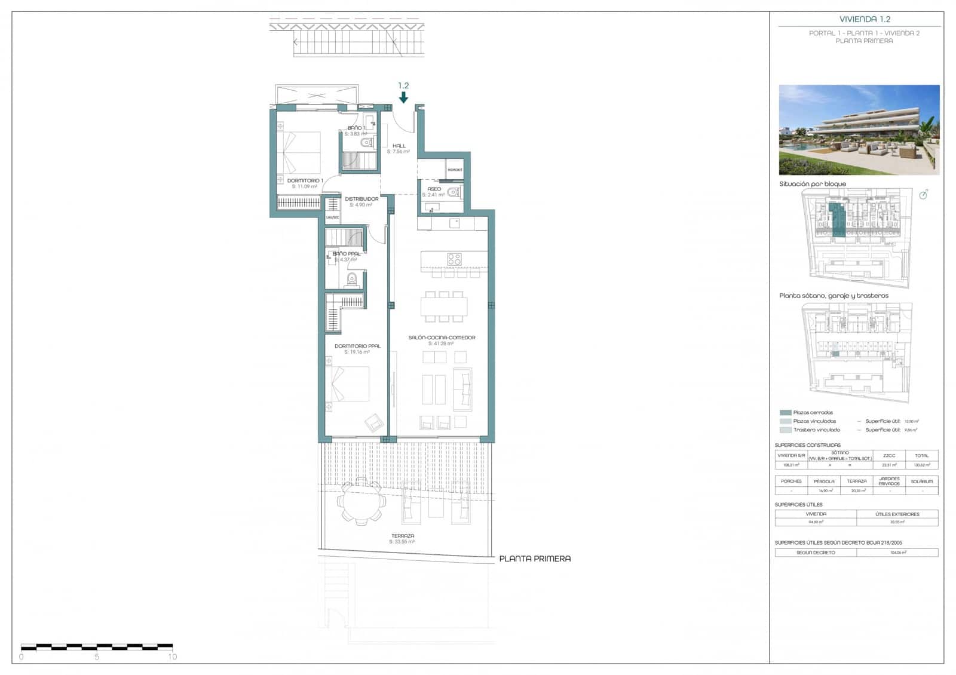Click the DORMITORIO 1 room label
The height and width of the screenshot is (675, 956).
[x=305, y=180]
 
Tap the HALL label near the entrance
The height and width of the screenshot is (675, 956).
[x=399, y=146]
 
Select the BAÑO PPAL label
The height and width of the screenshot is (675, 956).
[x=346, y=254]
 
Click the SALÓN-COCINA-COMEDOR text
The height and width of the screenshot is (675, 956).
[x=442, y=337]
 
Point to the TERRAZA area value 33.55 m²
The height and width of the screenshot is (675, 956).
[x=402, y=542]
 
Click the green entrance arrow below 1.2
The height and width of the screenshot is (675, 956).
[x=404, y=97]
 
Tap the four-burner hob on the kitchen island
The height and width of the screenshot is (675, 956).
[x=455, y=259]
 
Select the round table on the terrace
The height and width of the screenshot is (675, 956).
[x=361, y=502]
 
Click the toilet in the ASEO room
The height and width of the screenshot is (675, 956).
[x=455, y=192]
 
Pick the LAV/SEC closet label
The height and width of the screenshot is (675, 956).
[x=332, y=217]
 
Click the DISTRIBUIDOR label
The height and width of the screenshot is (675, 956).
[x=361, y=199]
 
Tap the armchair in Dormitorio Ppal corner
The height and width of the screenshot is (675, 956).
[x=375, y=422]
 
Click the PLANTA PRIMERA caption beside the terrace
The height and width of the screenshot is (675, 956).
[x=535, y=559]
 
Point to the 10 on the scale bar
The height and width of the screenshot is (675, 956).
[x=172, y=656]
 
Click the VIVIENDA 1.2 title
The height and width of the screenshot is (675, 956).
[x=864, y=19]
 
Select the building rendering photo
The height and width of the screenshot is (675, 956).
[x=859, y=130]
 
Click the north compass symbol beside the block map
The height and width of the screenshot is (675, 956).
[x=923, y=194]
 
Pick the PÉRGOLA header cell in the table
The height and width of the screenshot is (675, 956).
[x=824, y=481]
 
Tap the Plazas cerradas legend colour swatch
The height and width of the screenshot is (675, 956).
[x=785, y=413]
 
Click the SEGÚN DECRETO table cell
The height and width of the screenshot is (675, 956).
[x=816, y=553]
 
